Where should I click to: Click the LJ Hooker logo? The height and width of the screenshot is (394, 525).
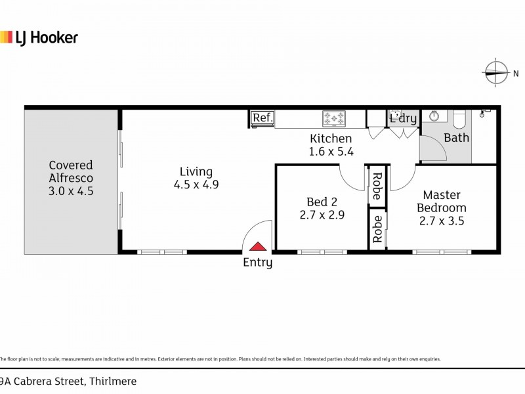39,37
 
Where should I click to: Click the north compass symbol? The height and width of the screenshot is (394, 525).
497,73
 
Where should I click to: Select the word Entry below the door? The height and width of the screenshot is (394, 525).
258,263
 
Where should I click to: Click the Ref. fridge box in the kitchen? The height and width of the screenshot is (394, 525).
262,118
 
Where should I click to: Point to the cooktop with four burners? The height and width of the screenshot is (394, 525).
333,119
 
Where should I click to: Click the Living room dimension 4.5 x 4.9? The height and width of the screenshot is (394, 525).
196,185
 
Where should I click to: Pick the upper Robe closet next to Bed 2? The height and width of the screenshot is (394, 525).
377,186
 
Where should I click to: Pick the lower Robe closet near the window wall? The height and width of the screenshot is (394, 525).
377,229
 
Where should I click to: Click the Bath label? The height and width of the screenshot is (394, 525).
456,138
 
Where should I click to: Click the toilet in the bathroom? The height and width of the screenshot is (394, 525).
459,118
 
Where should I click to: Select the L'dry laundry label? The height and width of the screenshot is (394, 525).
403,119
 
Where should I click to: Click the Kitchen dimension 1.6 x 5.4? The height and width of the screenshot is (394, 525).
331,151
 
